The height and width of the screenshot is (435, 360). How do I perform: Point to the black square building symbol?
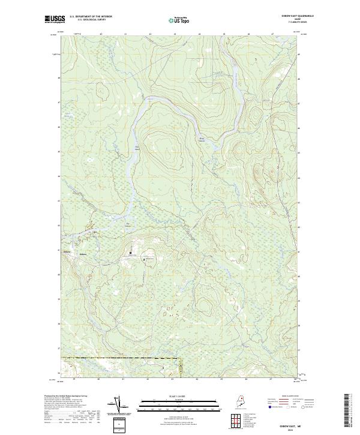click(130, 254)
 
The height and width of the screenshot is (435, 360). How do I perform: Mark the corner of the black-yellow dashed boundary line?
click(181, 359)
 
